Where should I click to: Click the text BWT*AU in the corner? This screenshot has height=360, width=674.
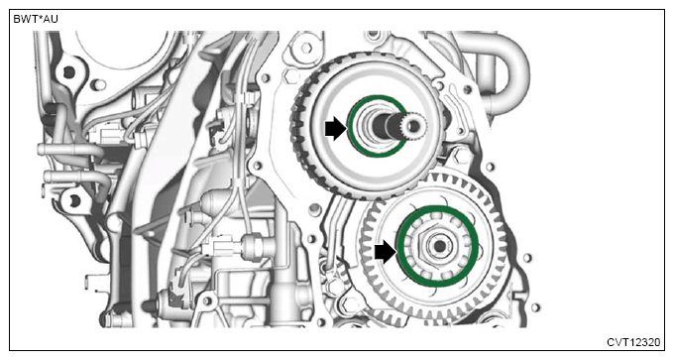tap(36, 20)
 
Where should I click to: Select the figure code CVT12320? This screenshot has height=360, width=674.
tap(633, 342)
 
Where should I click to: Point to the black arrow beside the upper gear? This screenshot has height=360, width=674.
tap(335, 130)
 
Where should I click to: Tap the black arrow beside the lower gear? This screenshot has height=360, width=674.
tap(386, 252)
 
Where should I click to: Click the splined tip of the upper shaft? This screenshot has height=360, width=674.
tap(413, 126)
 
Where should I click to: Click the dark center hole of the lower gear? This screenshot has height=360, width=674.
tap(439, 247)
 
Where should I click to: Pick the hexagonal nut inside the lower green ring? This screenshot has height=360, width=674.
tap(438, 247)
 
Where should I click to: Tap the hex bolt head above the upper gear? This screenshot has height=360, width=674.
tap(306, 48)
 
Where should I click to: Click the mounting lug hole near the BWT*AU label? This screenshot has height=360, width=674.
tap(68, 72)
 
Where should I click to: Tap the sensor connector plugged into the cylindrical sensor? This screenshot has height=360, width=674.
tap(218, 248)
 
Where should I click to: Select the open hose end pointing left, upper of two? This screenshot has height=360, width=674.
tap(42, 150)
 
